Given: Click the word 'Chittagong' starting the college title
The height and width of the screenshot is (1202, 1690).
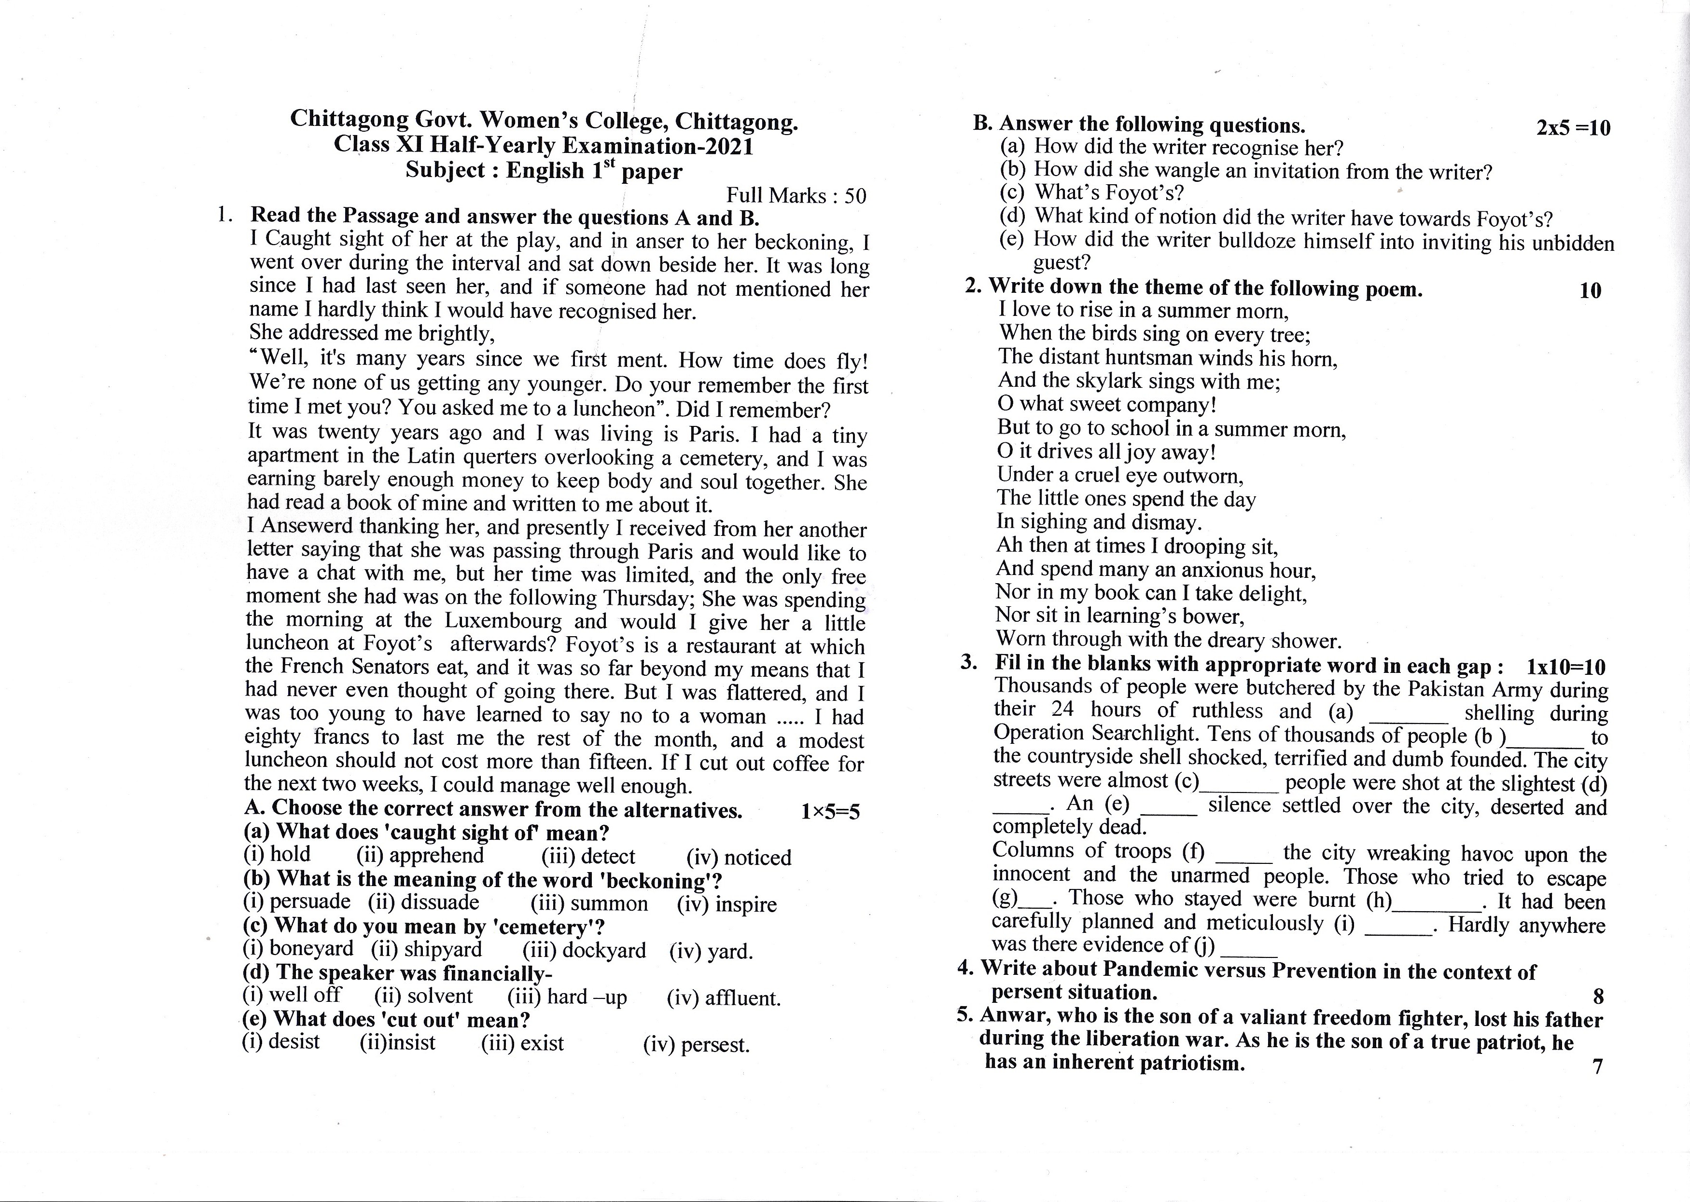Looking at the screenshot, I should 349,119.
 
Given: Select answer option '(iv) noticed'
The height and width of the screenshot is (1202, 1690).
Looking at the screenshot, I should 739,857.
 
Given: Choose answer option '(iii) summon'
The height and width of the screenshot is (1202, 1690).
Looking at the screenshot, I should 589,904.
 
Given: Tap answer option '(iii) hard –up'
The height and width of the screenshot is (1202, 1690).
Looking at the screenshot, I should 567,997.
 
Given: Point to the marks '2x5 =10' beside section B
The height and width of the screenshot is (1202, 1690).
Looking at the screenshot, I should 1573,128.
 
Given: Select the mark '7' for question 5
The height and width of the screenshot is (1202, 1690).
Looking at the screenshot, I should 1597,1066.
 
